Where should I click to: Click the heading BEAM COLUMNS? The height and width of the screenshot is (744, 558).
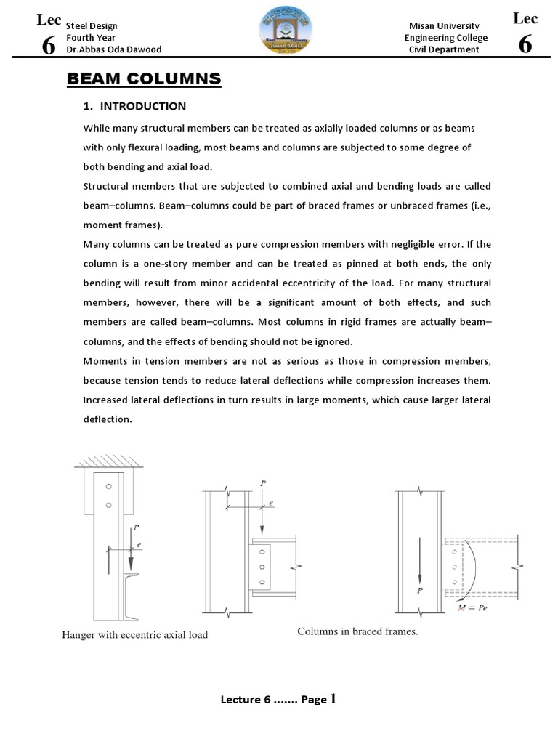click(144, 78)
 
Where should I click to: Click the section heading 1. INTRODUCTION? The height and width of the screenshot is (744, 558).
click(134, 106)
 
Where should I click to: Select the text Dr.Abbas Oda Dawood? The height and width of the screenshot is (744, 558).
click(113, 49)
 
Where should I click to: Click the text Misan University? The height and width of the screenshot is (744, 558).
click(444, 26)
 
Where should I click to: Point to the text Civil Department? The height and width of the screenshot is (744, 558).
click(444, 49)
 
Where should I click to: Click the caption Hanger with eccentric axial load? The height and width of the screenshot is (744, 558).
click(135, 635)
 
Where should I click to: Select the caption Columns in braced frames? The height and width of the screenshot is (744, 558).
click(357, 631)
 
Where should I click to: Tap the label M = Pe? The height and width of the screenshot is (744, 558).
click(472, 607)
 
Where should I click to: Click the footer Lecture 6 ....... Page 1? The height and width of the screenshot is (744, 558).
click(278, 699)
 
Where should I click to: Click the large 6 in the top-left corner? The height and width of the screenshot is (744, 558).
click(49, 45)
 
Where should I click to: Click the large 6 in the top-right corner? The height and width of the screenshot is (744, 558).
click(525, 45)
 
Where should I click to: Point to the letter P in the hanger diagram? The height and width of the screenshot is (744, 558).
click(135, 529)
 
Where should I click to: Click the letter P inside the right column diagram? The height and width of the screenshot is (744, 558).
click(419, 591)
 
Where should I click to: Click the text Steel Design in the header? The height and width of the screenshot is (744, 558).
click(92, 26)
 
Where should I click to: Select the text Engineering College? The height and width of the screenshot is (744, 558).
click(446, 38)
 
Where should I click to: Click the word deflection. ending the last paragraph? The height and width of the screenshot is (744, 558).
click(108, 418)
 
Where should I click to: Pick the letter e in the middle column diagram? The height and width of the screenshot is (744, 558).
click(271, 503)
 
